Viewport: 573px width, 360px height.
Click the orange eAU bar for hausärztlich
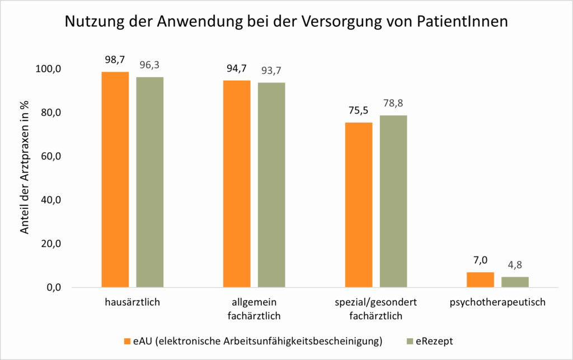tap(115, 179)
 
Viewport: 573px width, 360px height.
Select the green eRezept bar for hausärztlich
tap(149, 182)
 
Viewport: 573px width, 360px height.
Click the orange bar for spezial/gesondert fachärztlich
tap(359, 204)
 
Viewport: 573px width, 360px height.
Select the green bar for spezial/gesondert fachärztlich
tap(393, 201)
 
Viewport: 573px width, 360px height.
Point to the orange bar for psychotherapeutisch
tap(481, 279)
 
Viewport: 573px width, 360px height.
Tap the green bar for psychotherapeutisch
tap(515, 282)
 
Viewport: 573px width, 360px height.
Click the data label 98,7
tap(115, 59)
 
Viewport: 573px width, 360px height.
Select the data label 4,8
tap(515, 265)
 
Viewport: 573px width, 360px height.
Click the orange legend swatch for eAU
tap(127, 340)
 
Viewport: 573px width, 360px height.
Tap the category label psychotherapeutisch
tap(497, 303)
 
